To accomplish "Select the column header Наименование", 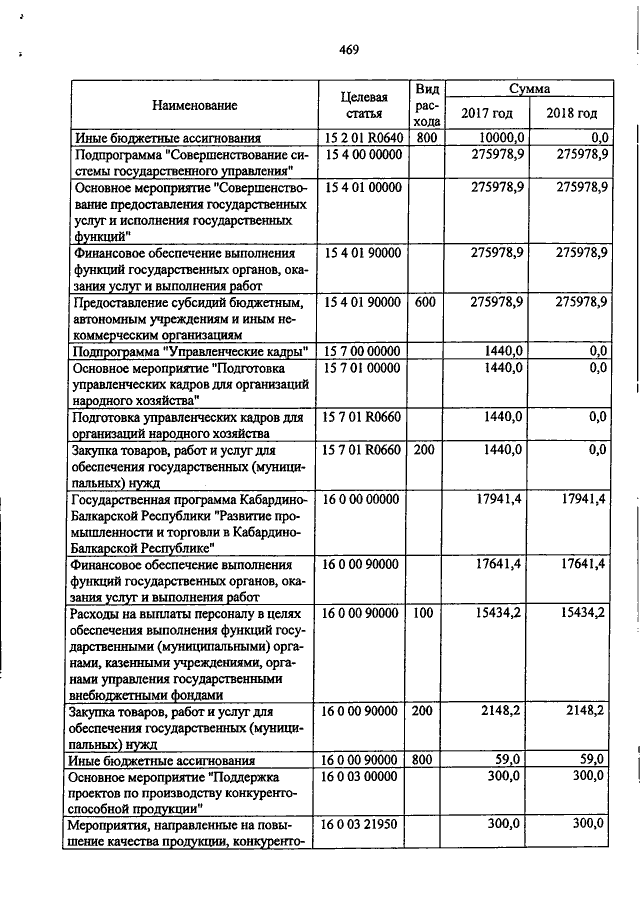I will tap(195, 105).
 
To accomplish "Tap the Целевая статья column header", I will tap(363, 106).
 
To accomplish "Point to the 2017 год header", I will tap(486, 113).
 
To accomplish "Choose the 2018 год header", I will tap(572, 113).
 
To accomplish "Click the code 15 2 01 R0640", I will tap(362, 137).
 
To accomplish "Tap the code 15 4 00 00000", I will tap(362, 154).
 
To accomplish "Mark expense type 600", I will tap(425, 301).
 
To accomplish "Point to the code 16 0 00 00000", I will tap(362, 499).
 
